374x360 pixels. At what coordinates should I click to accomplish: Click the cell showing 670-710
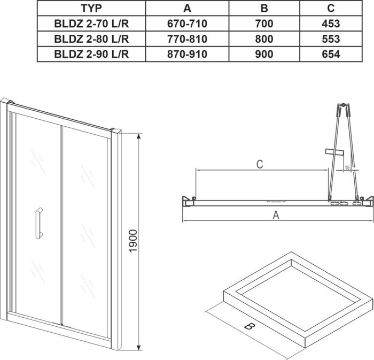coord(186,24)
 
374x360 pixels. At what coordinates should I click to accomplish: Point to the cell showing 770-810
coord(186,39)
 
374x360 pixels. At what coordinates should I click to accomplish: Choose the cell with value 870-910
coord(186,54)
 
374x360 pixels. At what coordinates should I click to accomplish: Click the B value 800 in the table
coord(264,39)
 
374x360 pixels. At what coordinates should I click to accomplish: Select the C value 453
coord(331,24)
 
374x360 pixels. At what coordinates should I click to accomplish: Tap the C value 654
coord(331,54)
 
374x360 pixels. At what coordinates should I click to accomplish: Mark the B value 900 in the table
coord(264,54)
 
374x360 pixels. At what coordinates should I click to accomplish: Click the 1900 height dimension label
coord(133,241)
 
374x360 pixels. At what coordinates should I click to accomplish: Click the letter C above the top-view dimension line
coord(258,164)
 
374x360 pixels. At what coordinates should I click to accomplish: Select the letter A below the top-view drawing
coord(276,215)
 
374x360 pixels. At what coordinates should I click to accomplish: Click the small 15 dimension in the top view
coord(347,168)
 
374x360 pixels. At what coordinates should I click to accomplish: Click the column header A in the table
coord(186,8)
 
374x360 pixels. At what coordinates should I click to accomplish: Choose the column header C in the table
coord(331,8)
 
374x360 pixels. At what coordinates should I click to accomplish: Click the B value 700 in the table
coord(264,24)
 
